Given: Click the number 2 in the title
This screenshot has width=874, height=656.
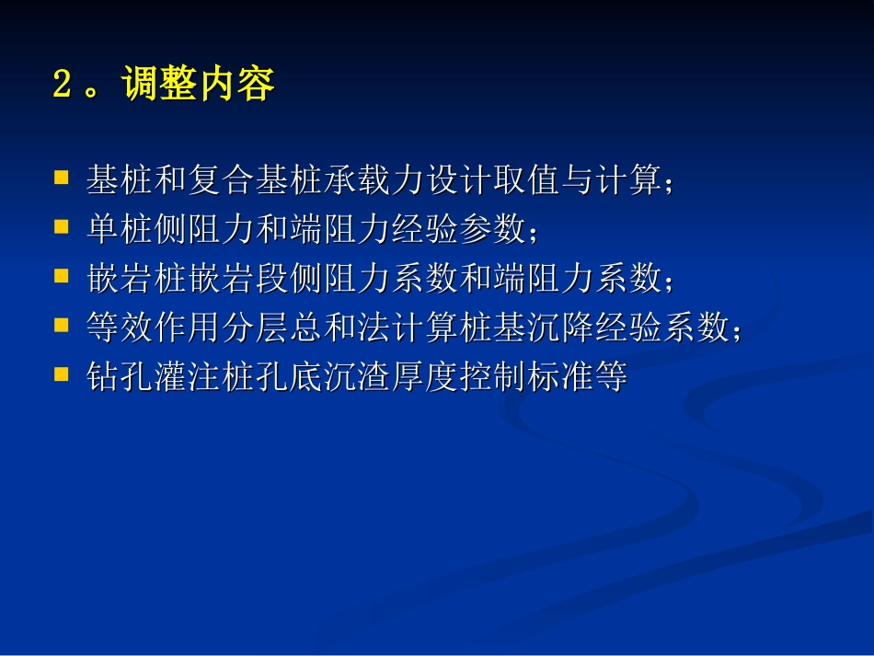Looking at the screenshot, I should click(x=63, y=86).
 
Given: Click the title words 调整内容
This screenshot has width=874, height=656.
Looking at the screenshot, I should click(x=197, y=86).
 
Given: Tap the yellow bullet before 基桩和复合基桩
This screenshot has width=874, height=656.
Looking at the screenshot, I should click(x=63, y=175).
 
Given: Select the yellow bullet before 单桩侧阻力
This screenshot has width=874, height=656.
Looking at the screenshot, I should click(x=63, y=224).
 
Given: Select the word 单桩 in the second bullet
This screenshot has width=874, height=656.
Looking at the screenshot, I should click(x=115, y=229).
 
